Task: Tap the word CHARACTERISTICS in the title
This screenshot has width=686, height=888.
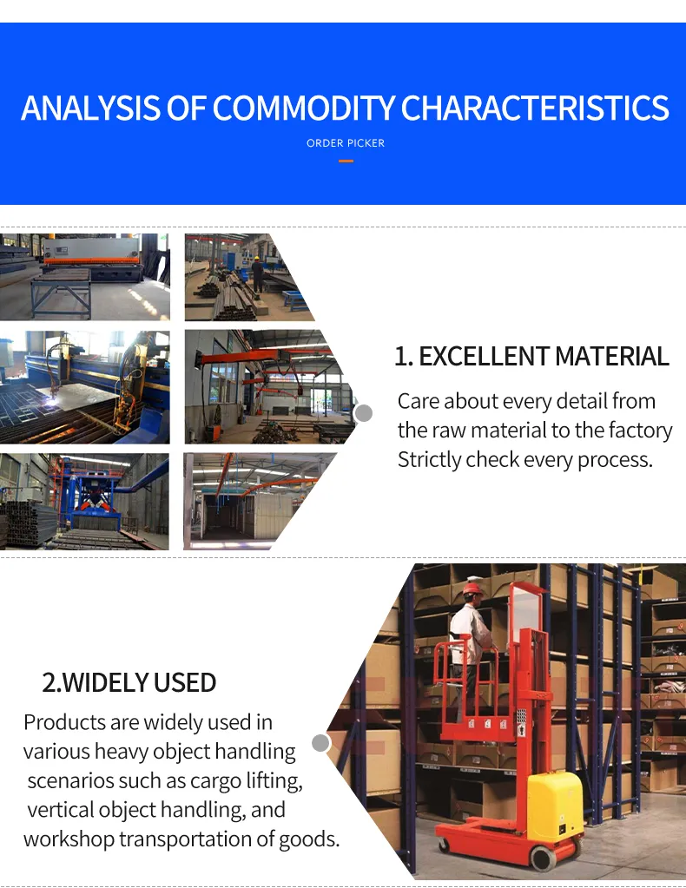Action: [535, 109]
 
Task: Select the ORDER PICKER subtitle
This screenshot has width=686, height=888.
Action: [346, 143]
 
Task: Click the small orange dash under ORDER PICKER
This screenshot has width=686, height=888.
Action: [346, 161]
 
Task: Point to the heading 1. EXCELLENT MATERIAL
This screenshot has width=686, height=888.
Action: [531, 357]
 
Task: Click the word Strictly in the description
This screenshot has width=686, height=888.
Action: [429, 459]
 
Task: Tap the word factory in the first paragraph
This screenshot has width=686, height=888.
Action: [643, 431]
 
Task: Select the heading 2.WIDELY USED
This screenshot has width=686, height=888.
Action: [129, 682]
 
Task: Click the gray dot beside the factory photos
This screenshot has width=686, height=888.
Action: [364, 413]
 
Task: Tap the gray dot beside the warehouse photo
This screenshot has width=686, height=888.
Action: [320, 743]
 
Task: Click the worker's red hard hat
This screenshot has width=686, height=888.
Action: [472, 588]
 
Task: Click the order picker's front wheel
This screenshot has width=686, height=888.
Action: [543, 858]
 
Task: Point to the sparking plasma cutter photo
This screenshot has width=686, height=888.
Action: [84, 387]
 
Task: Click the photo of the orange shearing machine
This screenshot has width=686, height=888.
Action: [84, 277]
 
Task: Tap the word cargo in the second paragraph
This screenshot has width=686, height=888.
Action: [195, 780]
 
